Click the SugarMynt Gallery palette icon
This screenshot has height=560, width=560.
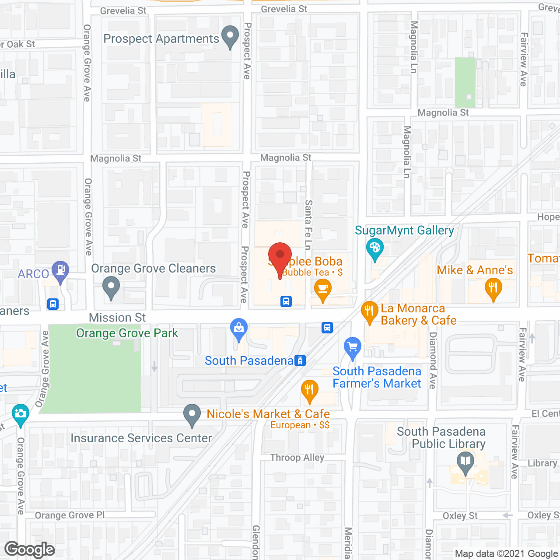point(374,248)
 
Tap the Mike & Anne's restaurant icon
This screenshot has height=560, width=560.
point(493,289)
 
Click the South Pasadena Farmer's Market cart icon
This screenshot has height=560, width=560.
point(353,347)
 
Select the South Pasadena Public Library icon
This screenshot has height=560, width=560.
point(465,462)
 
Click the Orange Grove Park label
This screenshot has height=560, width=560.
point(127,333)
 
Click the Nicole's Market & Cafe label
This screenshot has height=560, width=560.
point(268,414)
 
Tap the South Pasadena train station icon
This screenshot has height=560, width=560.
point(300,360)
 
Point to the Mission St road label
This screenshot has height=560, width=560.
point(117,318)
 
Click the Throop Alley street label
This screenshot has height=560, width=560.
point(297,458)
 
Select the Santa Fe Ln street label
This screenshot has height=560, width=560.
point(308,225)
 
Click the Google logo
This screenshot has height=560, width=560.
point(30,549)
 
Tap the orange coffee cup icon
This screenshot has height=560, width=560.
point(323,290)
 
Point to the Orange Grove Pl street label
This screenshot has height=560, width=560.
point(70,515)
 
